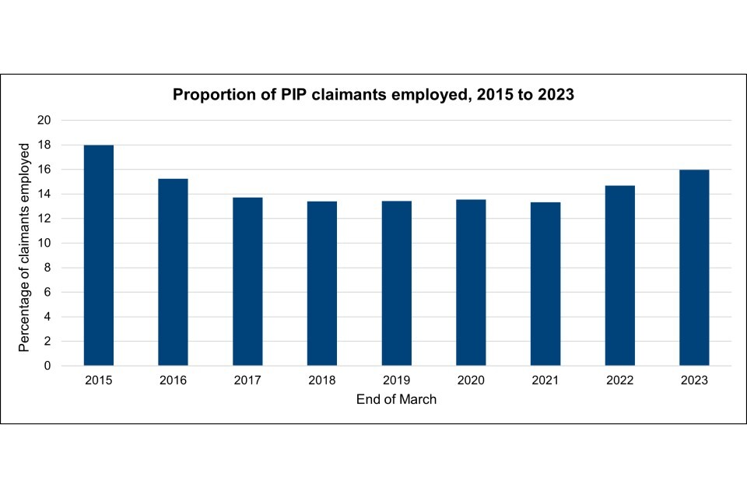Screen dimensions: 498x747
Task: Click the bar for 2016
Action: coord(173,272)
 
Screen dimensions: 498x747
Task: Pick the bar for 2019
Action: coord(397,283)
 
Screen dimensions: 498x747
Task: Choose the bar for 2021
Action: coord(545,284)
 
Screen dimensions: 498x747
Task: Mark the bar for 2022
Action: coord(620,275)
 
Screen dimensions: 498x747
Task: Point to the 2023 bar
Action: coord(694,268)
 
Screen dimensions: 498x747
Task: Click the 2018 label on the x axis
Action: coord(322,381)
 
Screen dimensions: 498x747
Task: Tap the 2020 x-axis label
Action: coord(471,381)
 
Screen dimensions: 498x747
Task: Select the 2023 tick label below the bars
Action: coord(694,381)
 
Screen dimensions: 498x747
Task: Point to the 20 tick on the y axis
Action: coord(44,121)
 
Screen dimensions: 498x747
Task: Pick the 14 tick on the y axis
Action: coord(44,194)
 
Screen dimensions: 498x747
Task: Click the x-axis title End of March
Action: coord(396,399)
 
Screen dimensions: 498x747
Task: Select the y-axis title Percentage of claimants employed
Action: coord(25,246)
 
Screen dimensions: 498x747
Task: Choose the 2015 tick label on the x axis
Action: coord(99,381)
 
